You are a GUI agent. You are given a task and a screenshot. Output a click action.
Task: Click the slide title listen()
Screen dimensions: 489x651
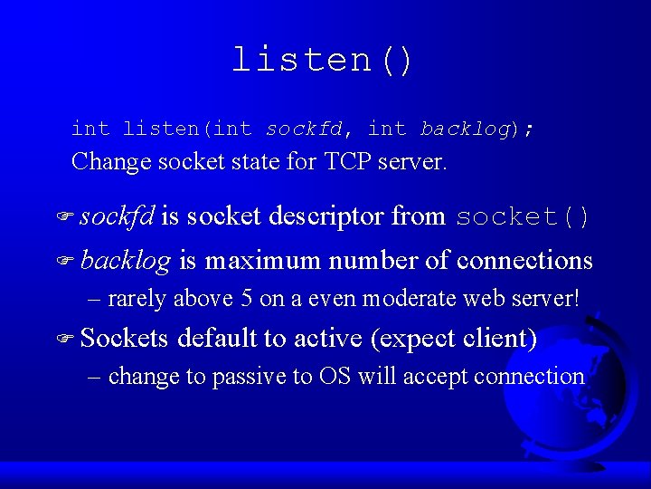(323, 60)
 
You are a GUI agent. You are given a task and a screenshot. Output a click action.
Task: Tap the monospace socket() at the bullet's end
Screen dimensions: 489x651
(524, 217)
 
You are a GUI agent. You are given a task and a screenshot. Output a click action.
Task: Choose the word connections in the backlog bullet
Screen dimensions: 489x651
(524, 261)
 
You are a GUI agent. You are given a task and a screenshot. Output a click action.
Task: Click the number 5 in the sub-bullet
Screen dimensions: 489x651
(247, 298)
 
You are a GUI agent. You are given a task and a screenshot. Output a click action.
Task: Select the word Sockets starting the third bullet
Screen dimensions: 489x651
(124, 339)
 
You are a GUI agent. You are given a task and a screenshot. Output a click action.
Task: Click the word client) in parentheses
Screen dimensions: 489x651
(501, 339)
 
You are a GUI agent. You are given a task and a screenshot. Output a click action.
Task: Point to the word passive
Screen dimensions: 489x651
(250, 377)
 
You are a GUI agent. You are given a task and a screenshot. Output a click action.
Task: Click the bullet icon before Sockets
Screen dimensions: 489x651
(63, 340)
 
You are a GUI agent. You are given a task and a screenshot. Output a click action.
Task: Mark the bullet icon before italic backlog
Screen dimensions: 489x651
(63, 262)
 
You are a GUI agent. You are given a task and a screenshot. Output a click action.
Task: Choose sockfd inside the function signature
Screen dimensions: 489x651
(303, 129)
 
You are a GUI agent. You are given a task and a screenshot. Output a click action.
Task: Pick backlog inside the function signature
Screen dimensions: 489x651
(465, 129)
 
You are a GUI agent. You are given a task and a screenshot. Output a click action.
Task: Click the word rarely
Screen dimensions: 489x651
(137, 298)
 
